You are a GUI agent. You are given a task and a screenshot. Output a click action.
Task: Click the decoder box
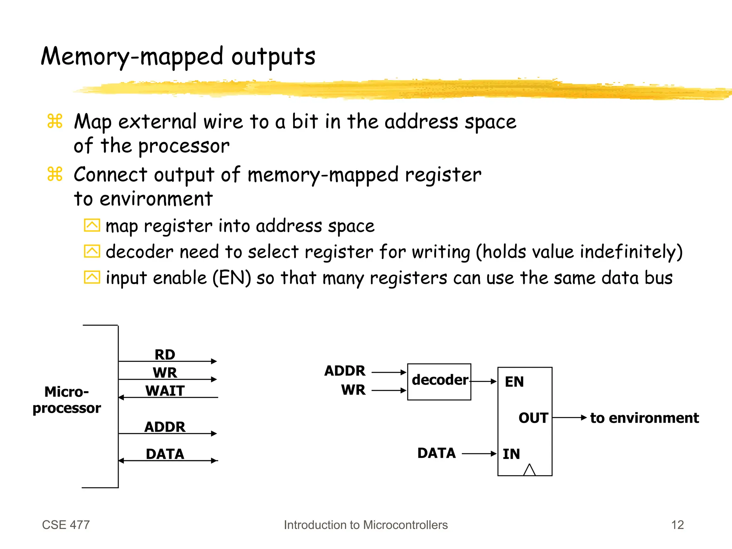point(439,381)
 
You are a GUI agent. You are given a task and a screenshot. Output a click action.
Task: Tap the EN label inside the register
point(514,382)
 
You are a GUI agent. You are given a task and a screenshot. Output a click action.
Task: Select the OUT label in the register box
point(533,418)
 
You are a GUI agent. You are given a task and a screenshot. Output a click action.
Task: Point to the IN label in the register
point(511,454)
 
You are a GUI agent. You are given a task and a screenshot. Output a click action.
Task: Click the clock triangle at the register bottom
point(529,470)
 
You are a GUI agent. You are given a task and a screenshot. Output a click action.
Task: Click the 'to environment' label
point(644,418)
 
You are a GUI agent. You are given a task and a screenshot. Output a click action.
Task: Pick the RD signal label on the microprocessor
point(165,354)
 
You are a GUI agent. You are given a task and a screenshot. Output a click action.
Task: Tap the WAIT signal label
point(165,391)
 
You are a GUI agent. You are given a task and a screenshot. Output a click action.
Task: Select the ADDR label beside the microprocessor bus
point(165,427)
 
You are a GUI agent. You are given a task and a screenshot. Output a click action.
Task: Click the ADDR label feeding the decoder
point(345,371)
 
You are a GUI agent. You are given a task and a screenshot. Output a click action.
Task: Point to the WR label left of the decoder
point(353,389)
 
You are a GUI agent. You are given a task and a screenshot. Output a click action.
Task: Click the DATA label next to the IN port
point(436,453)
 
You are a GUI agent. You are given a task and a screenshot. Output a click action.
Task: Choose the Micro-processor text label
point(67,400)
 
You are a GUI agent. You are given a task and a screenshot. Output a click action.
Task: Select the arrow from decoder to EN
point(484,381)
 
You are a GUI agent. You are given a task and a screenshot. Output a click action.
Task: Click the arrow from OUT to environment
point(569,417)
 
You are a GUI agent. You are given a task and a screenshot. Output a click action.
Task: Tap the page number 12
point(677,525)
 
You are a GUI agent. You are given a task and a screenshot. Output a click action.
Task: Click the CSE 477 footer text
point(66,525)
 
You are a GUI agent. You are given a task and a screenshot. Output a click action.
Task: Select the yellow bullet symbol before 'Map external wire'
point(55,121)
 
